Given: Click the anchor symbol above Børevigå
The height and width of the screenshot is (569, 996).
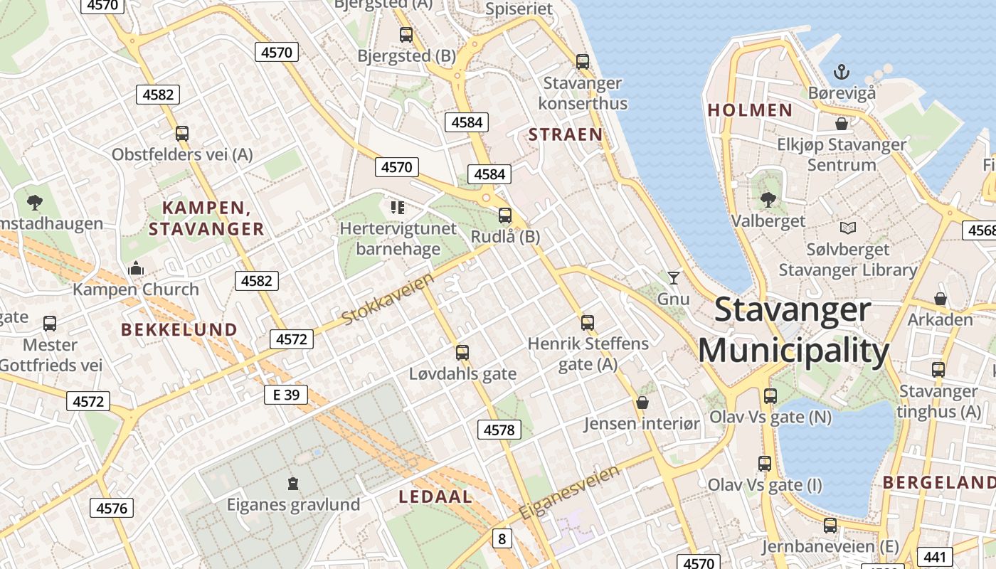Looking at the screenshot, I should click(842, 71).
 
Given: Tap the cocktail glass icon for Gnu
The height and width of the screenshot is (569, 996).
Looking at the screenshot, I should click(673, 277).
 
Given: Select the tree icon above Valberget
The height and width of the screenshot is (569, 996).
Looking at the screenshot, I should click(768, 199).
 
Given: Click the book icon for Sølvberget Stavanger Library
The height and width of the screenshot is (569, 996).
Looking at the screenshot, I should click(847, 228).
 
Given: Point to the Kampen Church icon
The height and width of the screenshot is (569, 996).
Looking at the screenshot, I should click(135, 268).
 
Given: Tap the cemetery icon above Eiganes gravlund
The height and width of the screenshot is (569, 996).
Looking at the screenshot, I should click(292, 484).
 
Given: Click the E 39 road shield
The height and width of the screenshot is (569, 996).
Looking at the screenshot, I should click(285, 394).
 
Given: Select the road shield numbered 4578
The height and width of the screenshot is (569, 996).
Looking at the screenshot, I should click(498, 430).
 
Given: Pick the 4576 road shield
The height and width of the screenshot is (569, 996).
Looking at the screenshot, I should click(111, 508).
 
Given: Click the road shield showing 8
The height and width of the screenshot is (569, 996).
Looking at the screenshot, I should click(502, 538).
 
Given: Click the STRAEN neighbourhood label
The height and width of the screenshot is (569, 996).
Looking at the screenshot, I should click(566, 134).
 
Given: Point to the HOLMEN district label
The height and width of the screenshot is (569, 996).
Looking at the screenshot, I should click(750, 110).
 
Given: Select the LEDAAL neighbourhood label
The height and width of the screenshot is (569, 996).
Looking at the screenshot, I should click(435, 496).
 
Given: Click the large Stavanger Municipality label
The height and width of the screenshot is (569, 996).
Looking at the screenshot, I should click(793, 331).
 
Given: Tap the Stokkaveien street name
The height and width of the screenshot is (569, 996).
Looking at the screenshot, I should click(388, 299).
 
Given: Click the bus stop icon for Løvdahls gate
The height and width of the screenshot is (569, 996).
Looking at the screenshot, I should click(462, 352).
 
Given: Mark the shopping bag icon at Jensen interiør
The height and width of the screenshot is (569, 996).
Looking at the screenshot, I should click(642, 403).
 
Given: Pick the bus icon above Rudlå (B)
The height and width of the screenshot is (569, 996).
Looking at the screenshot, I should click(505, 215).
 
